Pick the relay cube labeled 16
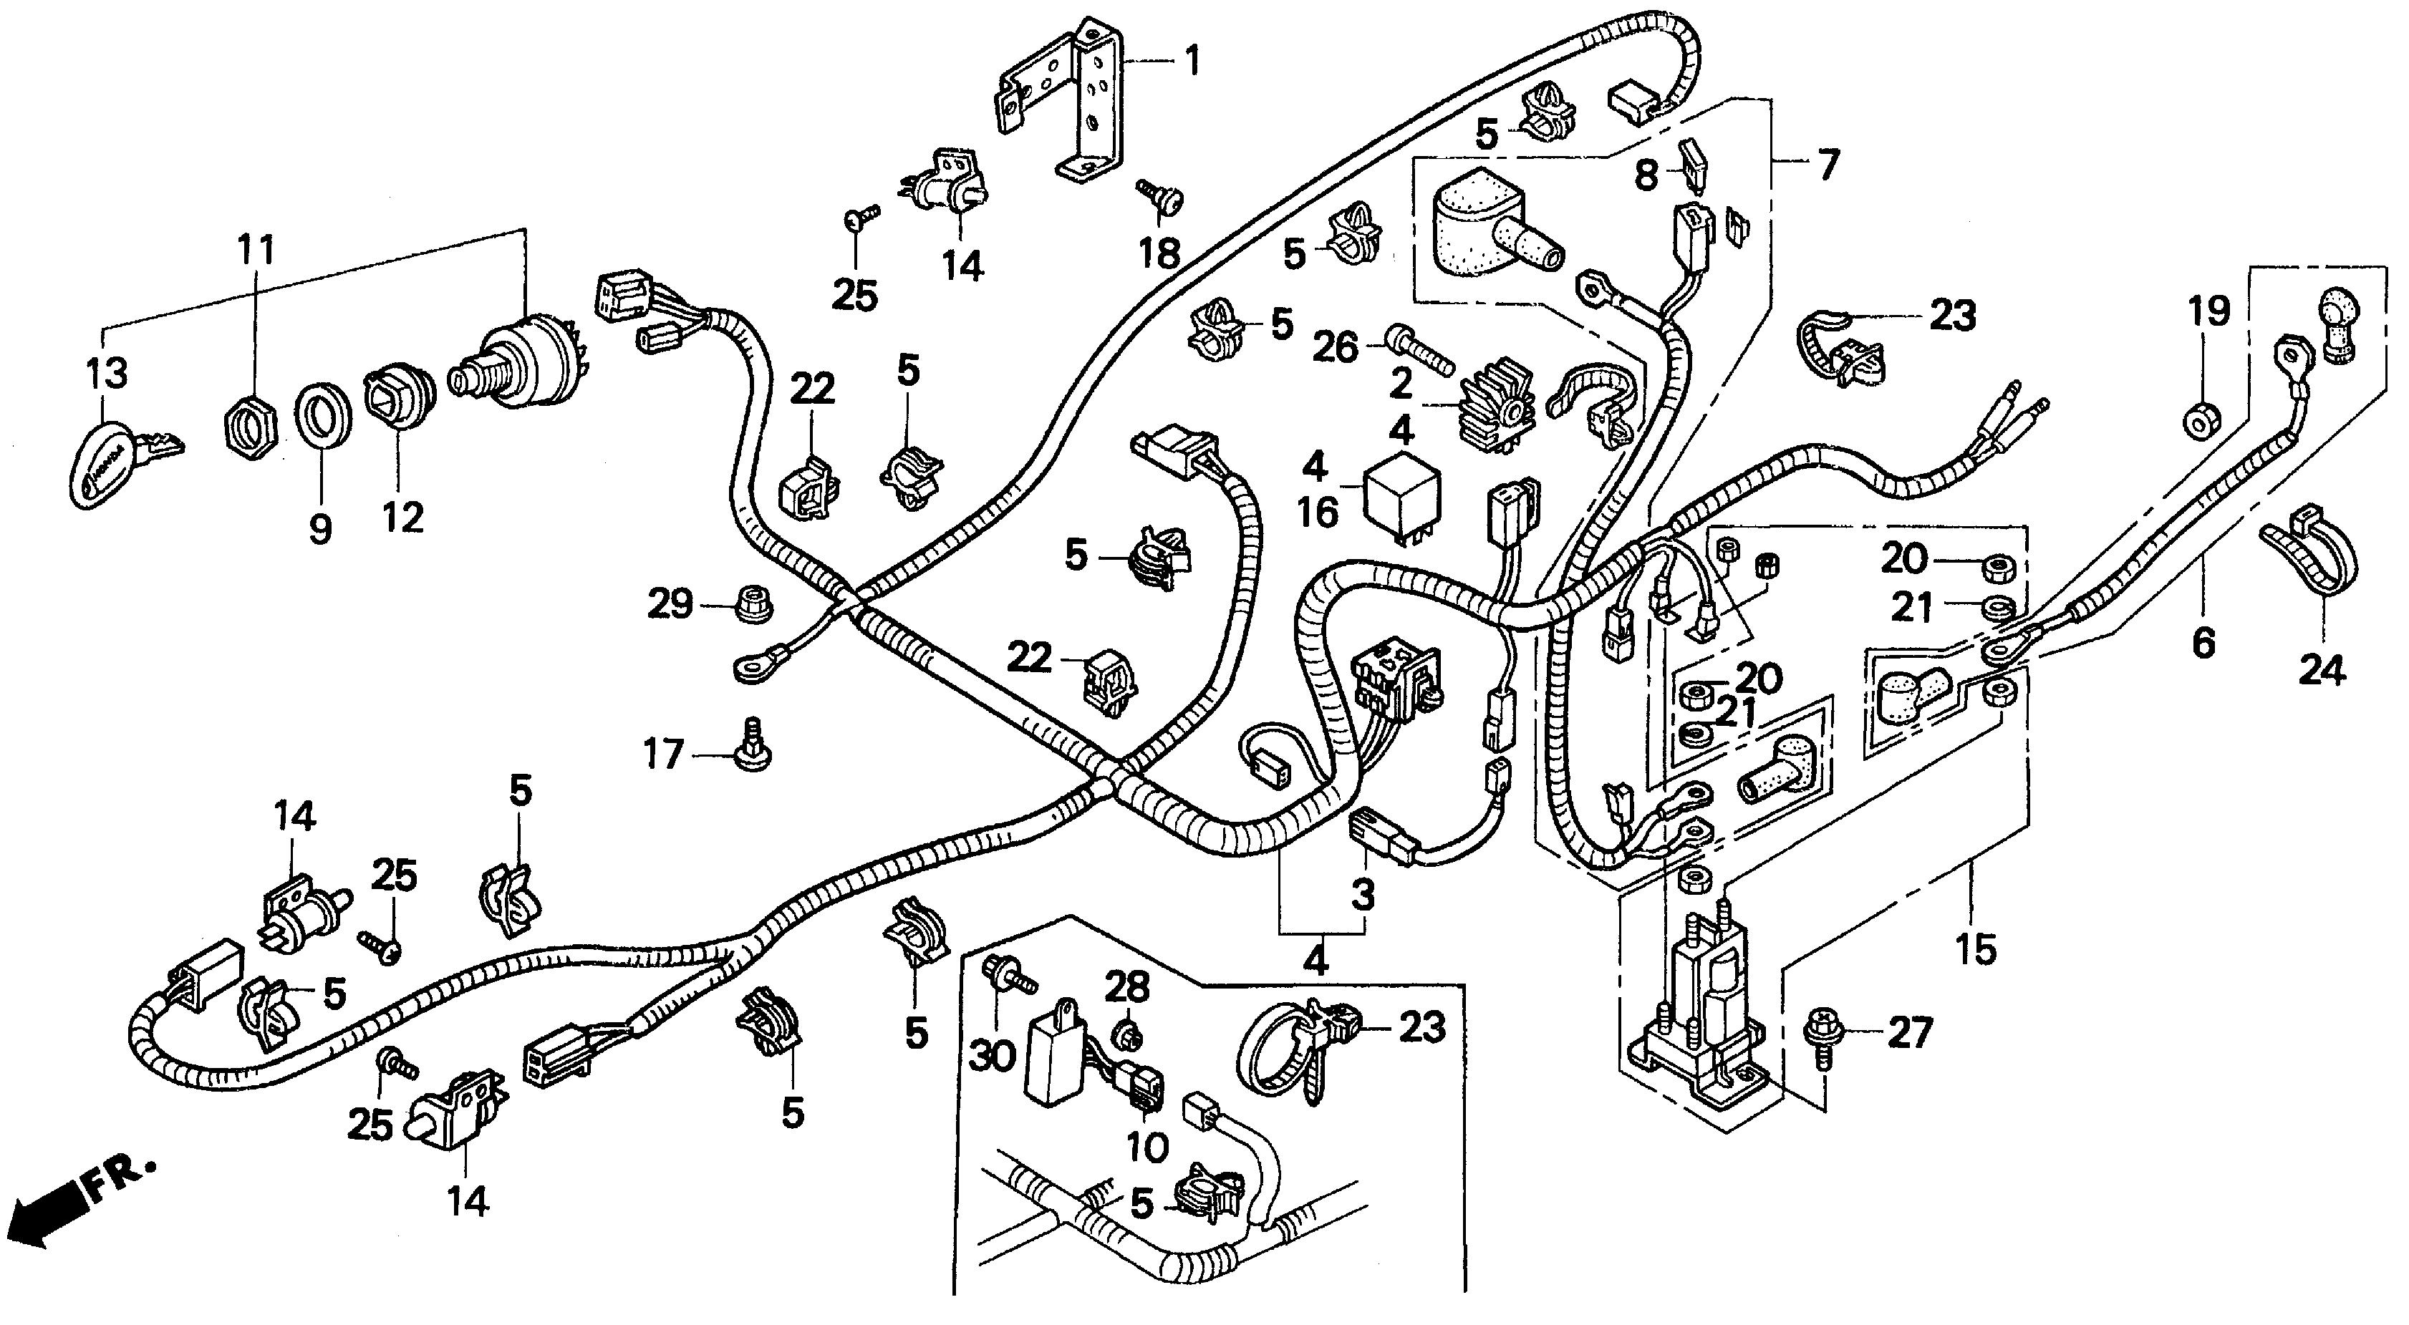(x=1402, y=500)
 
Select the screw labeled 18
(x=1162, y=196)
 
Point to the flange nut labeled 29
(x=750, y=605)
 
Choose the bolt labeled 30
(x=1007, y=973)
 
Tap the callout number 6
(x=2203, y=642)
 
